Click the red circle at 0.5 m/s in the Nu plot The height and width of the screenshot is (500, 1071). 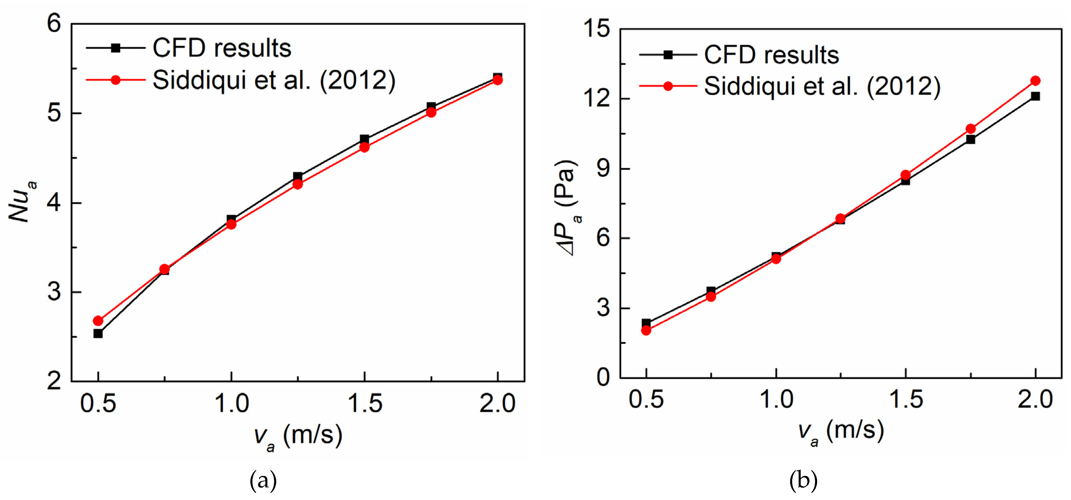click(98, 321)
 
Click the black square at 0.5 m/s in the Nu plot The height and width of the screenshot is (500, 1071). click(98, 334)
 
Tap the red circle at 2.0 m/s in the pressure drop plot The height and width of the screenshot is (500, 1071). click(1035, 81)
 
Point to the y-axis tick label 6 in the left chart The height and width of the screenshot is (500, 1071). click(54, 23)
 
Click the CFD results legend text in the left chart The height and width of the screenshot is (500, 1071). click(222, 48)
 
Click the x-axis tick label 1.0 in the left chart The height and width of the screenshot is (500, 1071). click(232, 403)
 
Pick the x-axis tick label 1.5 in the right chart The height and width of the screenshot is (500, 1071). click(906, 399)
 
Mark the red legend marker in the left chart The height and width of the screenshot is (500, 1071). click(116, 80)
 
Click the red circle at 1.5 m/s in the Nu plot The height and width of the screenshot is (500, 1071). click(364, 147)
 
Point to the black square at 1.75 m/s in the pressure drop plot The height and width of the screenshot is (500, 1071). click(970, 139)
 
